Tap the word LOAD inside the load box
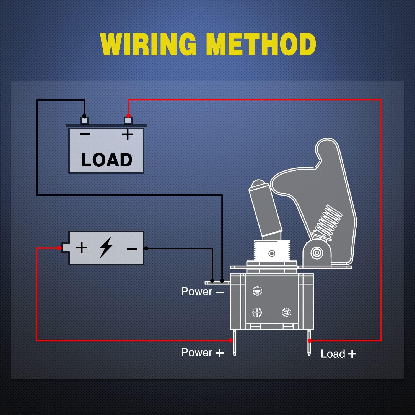click(x=107, y=160)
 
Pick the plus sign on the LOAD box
click(x=128, y=135)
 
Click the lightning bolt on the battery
click(x=106, y=247)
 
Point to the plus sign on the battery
click(x=82, y=247)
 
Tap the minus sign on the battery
click(x=132, y=249)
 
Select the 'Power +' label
click(x=202, y=353)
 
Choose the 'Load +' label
click(x=338, y=354)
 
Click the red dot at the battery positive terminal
click(x=59, y=248)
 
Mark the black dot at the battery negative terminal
click(x=146, y=248)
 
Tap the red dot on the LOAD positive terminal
click(x=128, y=116)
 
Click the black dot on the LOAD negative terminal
click(x=84, y=116)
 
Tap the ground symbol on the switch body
click(x=257, y=291)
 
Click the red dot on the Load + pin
click(x=310, y=341)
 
